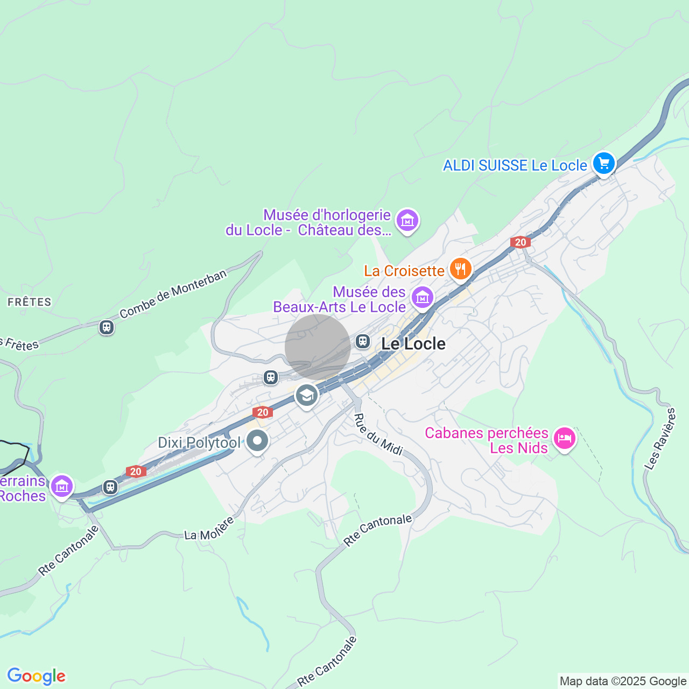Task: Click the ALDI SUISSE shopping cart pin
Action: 603,163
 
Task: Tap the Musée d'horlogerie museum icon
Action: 407,220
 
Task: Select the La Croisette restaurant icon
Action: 460,269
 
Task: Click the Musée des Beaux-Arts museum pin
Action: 423,297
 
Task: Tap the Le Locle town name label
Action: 413,344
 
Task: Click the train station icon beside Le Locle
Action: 363,341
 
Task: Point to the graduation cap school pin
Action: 307,396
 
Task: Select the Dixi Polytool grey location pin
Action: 257,441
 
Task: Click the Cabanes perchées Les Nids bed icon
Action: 564,438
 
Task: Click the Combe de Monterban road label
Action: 173,294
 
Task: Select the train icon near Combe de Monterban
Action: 107,327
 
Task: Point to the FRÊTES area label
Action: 30,302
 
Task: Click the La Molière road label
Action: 209,529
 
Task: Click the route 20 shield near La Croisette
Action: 521,242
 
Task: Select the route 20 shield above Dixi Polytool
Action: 262,412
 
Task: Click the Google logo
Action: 36,676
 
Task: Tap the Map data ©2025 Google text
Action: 623,681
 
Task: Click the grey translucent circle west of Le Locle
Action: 318,347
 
